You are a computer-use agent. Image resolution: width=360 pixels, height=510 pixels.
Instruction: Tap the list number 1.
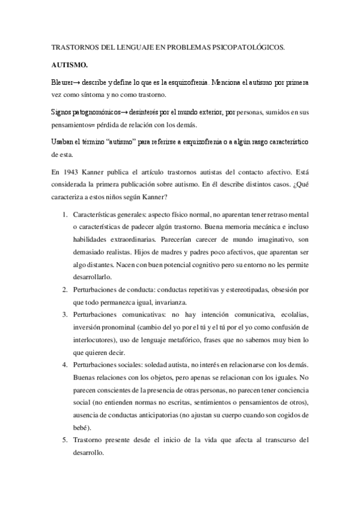(x=65, y=214)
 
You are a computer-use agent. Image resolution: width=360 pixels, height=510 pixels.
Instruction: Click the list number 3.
(x=65, y=315)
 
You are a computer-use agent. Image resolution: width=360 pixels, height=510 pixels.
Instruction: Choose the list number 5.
(x=65, y=440)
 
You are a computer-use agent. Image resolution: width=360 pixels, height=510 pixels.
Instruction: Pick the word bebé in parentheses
(x=80, y=428)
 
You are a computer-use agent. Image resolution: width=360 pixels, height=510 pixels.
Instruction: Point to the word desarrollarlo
(x=93, y=277)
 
